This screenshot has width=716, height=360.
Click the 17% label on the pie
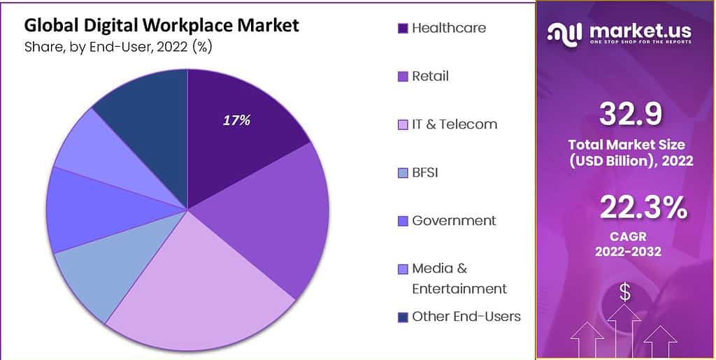(x=236, y=120)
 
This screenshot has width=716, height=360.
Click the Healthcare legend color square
(x=403, y=29)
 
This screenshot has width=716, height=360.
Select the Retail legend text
(x=430, y=76)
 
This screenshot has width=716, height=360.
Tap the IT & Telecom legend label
(x=454, y=124)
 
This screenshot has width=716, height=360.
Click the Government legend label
(x=454, y=220)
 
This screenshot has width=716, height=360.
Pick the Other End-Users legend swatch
(x=403, y=317)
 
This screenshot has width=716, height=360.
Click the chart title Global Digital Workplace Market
(x=162, y=26)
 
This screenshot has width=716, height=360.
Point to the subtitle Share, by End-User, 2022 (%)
(x=118, y=48)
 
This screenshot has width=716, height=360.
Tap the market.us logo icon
(x=565, y=32)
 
